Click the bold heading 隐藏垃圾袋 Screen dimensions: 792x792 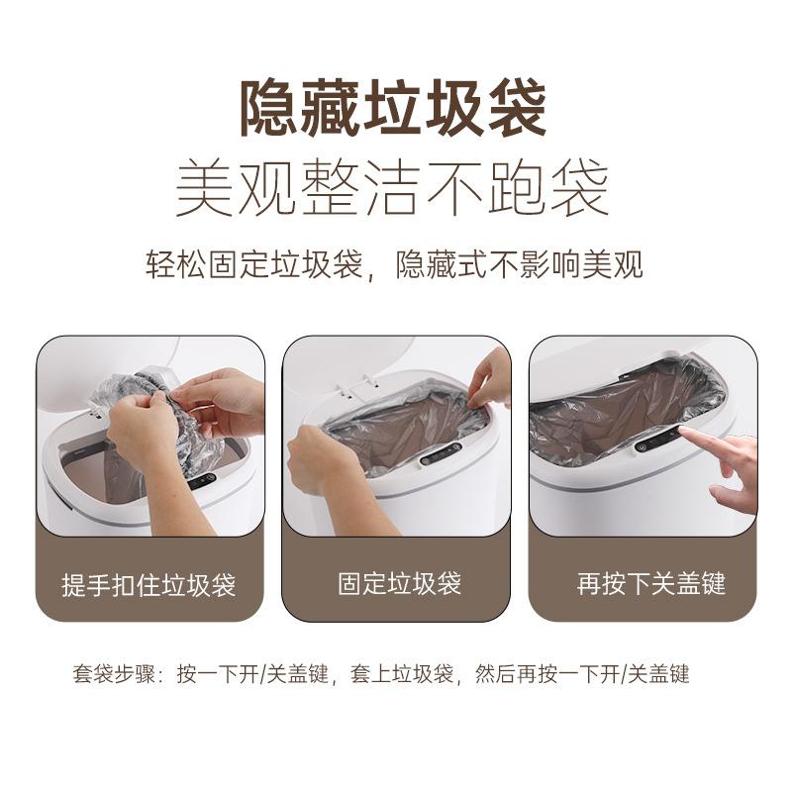393,109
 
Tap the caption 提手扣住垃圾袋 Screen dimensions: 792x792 148,584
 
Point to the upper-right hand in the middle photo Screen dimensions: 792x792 490,376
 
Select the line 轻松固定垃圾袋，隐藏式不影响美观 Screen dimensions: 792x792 393,265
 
